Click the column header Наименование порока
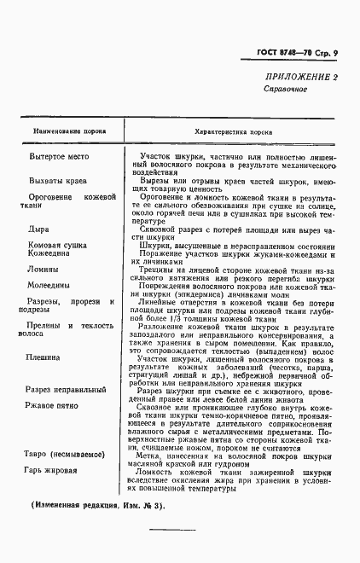click(x=70, y=133)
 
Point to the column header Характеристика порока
click(x=234, y=132)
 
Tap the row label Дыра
click(x=38, y=229)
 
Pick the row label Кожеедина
click(x=54, y=253)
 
